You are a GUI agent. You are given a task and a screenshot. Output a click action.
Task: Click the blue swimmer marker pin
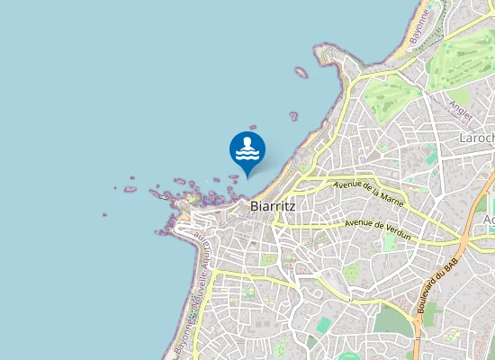tap(247, 151)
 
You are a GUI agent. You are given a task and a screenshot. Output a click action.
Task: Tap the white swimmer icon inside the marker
tap(247, 149)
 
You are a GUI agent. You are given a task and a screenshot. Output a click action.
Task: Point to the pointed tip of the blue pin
tap(247, 175)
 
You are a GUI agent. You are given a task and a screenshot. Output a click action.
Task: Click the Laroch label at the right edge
tap(476, 139)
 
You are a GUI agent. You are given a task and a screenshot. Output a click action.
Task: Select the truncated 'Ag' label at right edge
tap(489, 221)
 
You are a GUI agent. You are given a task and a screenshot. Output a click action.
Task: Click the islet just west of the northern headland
tap(301, 72)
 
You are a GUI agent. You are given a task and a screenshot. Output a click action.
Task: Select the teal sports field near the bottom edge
tap(324, 324)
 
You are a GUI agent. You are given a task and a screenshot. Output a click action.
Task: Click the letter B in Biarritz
tap(253, 206)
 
